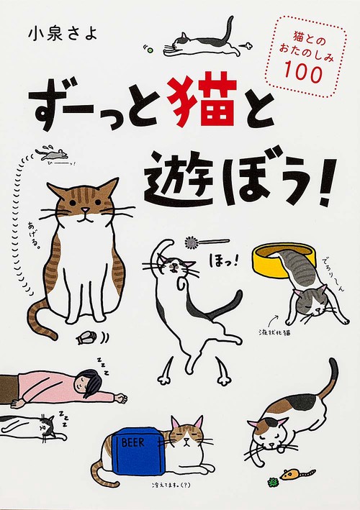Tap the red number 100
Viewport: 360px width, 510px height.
[304, 73]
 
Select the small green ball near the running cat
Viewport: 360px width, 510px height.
[150, 50]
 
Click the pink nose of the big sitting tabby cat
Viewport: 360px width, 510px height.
[84, 211]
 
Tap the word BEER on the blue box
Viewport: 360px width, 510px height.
[132, 442]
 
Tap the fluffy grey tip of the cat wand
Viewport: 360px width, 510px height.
[192, 242]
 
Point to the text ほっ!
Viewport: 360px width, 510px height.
[221, 261]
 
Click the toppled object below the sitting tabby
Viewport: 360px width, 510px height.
[86, 339]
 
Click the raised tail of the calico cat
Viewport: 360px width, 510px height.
[329, 380]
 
